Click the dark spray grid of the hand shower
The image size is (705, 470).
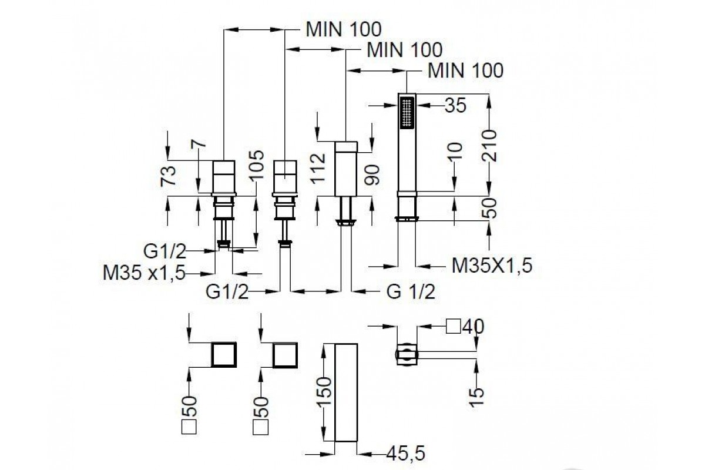407,112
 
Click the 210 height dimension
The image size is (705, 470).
489,145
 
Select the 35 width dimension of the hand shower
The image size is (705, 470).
455,106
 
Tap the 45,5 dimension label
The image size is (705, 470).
405,454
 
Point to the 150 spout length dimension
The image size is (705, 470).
325,391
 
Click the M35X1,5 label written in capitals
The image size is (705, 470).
492,266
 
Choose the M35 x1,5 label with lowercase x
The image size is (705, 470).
144,273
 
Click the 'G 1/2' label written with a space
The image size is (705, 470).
411,291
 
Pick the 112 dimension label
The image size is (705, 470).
318,167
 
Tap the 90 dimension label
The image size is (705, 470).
372,175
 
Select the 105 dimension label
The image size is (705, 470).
257,165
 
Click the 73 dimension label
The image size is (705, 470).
168,176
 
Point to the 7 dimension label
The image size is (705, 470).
199,143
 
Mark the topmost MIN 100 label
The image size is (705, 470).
344,29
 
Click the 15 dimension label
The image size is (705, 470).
477,397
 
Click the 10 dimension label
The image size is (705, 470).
455,150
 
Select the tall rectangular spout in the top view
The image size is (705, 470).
346,392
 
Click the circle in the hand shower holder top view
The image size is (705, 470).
407,355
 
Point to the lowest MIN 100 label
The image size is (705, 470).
465,70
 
